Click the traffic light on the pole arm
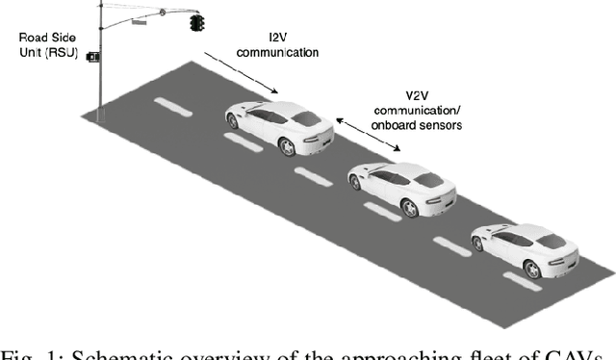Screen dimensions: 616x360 pos(197,22)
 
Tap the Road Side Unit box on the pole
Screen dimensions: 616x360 pos(93,57)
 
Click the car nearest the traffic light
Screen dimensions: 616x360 pos(280,125)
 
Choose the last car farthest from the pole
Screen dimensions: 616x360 pos(524,247)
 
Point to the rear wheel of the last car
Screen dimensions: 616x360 pos(532,266)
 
